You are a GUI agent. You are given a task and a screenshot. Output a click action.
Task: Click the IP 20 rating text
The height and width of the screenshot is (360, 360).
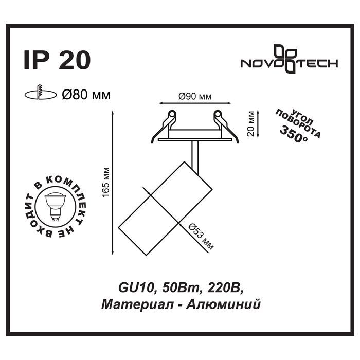click(x=57, y=60)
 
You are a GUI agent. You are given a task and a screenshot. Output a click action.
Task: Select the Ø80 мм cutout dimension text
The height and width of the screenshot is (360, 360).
click(x=86, y=95)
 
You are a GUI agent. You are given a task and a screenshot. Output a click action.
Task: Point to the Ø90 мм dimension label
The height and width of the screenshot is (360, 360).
click(x=195, y=97)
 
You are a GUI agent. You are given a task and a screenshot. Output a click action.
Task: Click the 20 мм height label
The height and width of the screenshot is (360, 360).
click(x=251, y=124)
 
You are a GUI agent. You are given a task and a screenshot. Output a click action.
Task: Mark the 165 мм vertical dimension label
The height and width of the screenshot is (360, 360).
click(x=106, y=182)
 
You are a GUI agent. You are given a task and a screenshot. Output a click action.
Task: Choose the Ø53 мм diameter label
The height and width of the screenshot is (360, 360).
click(x=201, y=237)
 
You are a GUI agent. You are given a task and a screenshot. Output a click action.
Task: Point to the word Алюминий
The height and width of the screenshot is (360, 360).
click(x=223, y=304)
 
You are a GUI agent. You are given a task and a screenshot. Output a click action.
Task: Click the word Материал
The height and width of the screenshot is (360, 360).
click(x=137, y=304)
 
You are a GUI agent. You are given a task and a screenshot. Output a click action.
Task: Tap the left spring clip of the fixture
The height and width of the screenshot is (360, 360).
click(x=164, y=127)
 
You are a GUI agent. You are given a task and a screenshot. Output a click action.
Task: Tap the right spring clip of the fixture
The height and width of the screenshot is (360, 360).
click(x=226, y=127)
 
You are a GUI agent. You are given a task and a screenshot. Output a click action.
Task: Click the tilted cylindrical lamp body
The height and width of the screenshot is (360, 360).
click(x=165, y=208)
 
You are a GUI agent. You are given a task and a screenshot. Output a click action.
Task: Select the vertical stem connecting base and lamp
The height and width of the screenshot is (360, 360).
click(x=195, y=157)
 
